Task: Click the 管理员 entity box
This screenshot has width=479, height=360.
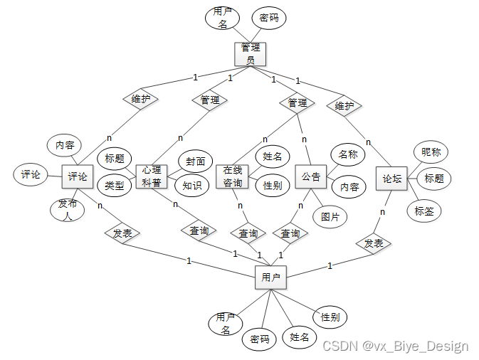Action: [x=249, y=53]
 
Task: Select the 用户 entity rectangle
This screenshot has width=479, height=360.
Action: [x=270, y=277]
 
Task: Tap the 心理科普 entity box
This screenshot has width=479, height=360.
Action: [x=150, y=176]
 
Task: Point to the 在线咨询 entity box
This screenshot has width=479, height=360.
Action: [x=233, y=176]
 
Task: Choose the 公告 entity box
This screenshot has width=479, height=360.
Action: [x=310, y=176]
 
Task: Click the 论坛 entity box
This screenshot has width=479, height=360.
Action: [x=391, y=179]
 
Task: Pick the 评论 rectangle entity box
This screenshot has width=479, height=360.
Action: [x=78, y=176]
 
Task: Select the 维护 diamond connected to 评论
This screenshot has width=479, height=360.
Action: [x=140, y=99]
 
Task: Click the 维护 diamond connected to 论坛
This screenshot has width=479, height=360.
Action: [x=344, y=106]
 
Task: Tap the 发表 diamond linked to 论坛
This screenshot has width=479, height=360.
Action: [x=374, y=243]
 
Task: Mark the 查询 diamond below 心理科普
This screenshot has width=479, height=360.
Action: [x=199, y=231]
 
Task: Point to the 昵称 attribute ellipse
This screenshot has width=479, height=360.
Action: [x=431, y=152]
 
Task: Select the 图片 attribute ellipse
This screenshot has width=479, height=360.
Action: [x=330, y=216]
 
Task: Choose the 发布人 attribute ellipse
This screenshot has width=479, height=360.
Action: [x=68, y=211]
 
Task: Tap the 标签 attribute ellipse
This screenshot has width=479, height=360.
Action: [x=424, y=211]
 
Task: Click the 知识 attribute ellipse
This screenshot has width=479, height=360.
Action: [x=191, y=186]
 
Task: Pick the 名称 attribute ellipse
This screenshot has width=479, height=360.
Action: [x=347, y=154]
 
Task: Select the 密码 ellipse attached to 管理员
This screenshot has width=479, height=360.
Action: [x=269, y=18]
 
